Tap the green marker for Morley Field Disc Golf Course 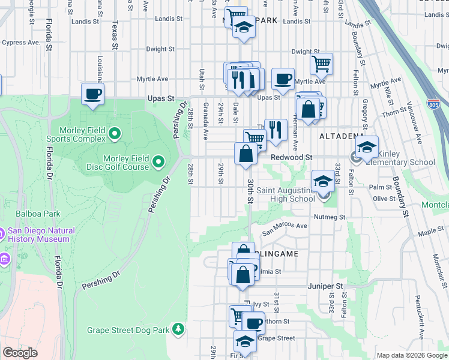(x=158, y=161)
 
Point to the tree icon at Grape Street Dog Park (x=178, y=329)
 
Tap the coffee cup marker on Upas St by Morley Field (x=92, y=94)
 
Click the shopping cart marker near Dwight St (x=322, y=63)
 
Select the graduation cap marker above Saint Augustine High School (x=323, y=181)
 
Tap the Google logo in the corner (x=20, y=353)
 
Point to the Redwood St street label (x=292, y=157)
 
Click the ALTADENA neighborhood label (x=341, y=136)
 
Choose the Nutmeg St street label (x=330, y=217)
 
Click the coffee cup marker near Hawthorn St (x=253, y=323)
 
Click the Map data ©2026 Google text (x=411, y=355)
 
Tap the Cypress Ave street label (x=21, y=43)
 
